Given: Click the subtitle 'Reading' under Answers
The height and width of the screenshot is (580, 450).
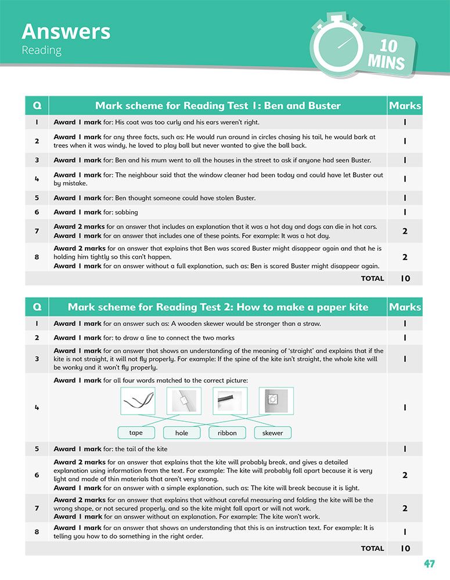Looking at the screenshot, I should click(41, 50).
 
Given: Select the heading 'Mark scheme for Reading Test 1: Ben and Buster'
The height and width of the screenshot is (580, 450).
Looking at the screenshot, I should click(218, 106).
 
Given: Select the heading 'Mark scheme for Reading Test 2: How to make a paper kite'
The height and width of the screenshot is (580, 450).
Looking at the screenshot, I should click(218, 307).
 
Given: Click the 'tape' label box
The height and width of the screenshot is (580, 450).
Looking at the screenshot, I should click(136, 433).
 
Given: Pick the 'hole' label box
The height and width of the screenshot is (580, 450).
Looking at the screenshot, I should click(182, 433).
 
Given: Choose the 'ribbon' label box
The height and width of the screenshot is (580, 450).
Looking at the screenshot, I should click(227, 433).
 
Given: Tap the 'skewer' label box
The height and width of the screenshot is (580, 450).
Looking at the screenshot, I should click(272, 433).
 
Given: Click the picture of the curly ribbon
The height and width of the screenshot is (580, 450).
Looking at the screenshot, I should click(138, 401).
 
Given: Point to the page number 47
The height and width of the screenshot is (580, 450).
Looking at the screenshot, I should click(429, 564).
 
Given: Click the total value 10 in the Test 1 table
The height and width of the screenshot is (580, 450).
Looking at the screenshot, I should click(405, 278).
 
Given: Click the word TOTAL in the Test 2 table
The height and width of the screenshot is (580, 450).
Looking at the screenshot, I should click(372, 548).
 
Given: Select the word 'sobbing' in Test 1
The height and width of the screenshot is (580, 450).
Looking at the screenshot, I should click(127, 212).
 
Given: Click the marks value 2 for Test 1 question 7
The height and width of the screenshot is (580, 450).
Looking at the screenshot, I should click(405, 231).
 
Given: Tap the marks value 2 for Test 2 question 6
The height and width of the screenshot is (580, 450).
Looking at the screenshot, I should click(405, 475).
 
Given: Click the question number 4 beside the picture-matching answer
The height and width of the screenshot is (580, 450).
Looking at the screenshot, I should click(37, 407).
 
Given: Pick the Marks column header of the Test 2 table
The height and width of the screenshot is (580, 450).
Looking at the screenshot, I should click(405, 307).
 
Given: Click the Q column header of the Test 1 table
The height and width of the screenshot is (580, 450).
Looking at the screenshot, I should click(37, 106).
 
